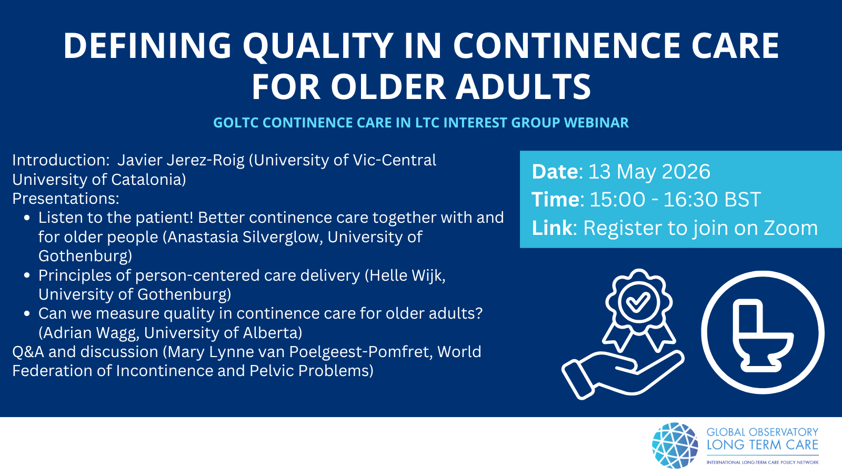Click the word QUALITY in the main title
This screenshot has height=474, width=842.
coord(318,46)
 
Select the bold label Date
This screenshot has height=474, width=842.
coord(555,172)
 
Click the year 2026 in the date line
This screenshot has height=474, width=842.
coord(686,172)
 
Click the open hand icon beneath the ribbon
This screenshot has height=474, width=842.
coord(623,374)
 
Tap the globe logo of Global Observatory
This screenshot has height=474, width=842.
coord(675,446)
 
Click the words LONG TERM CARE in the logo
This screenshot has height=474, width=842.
coord(763,445)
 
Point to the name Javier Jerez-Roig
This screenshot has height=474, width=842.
coord(181,161)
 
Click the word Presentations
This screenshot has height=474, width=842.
coord(66,199)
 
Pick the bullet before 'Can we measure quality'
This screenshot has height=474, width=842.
coord(27,314)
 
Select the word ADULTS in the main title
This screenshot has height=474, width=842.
coord(524,87)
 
